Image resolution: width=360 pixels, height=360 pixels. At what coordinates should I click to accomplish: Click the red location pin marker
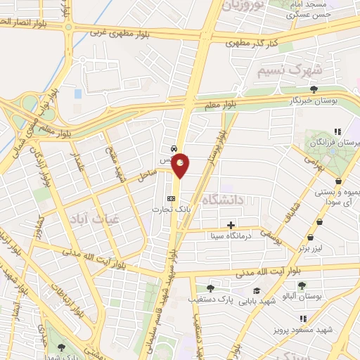click(181, 165)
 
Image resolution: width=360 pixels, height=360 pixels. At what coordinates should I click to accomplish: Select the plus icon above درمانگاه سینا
click(231, 226)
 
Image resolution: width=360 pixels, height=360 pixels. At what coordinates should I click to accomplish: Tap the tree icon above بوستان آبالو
click(302, 285)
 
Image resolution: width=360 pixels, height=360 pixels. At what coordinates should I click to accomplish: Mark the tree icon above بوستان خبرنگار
click(313, 89)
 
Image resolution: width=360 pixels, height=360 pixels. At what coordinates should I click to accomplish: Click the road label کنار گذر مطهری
click(252, 43)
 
